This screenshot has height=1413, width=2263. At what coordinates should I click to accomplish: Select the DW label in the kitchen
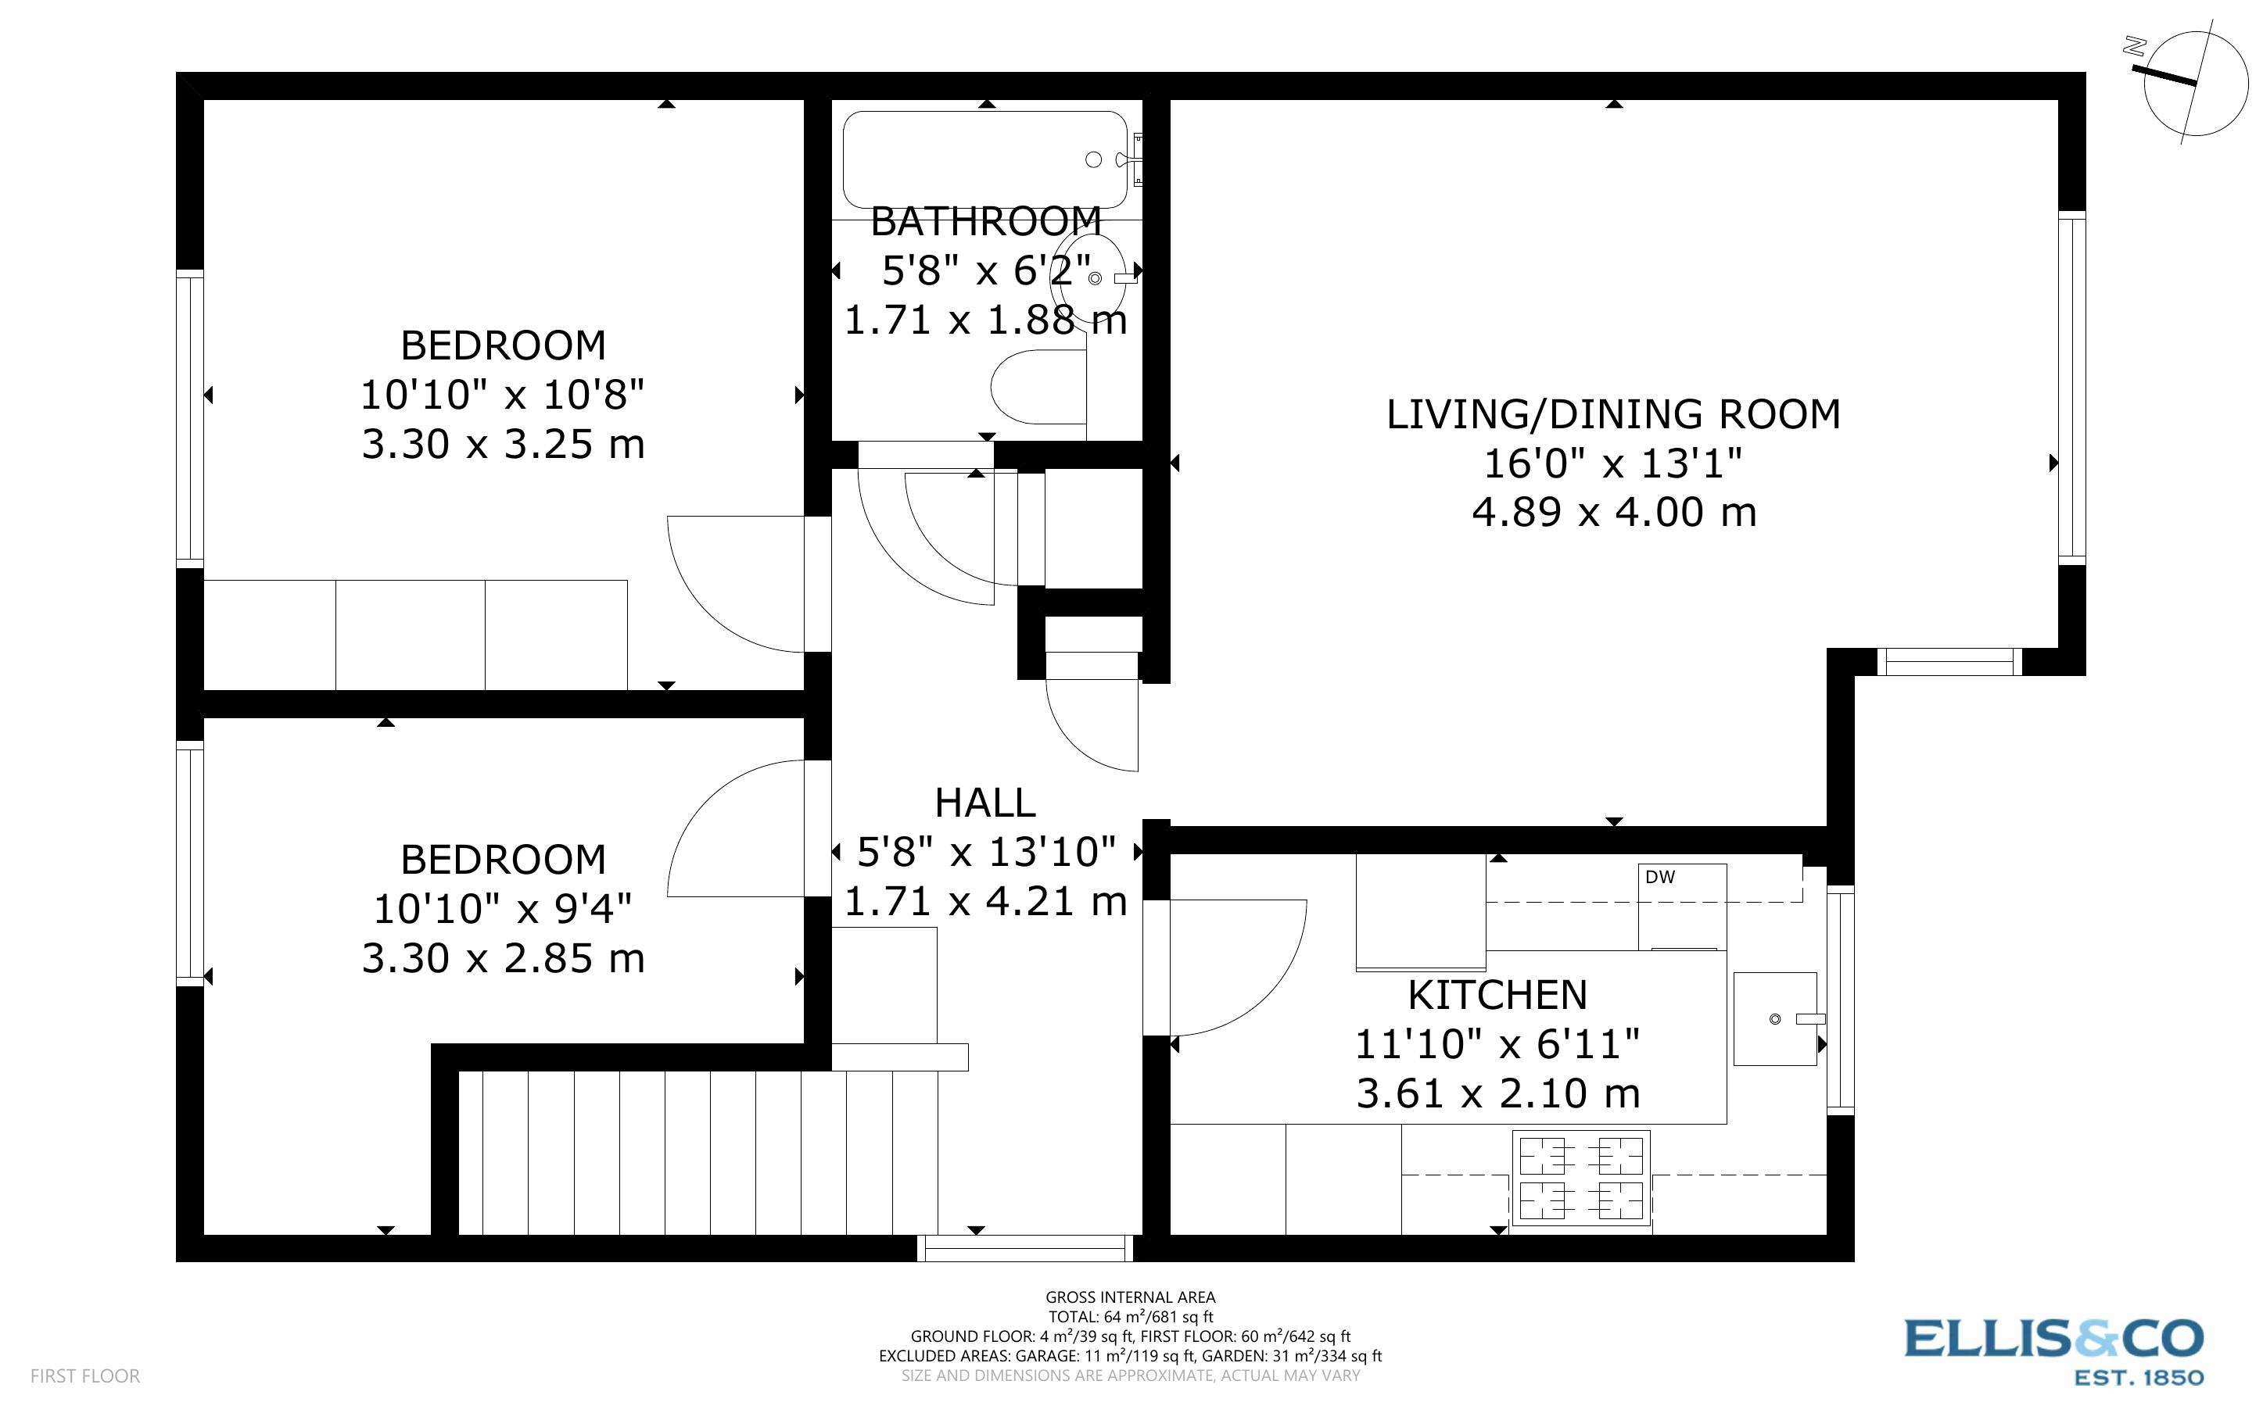(1659, 877)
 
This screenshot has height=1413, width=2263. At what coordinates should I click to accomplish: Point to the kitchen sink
(1774, 1018)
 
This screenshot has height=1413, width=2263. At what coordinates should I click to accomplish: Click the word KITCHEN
(1497, 995)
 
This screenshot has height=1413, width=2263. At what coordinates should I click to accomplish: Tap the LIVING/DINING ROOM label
(1612, 414)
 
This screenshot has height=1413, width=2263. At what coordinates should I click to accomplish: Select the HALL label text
(984, 803)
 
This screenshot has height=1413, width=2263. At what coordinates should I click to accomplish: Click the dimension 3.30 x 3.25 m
(503, 444)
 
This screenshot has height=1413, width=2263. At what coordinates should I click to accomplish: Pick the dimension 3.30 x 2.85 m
(503, 959)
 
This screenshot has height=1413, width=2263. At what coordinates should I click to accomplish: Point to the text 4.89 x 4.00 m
(1613, 512)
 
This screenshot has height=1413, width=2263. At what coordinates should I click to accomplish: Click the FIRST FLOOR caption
(85, 1375)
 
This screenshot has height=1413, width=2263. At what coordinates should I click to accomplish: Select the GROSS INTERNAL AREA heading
(1129, 1297)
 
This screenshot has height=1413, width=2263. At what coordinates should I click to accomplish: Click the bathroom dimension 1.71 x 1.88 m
(985, 320)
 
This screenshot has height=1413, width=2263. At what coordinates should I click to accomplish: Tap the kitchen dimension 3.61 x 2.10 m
(1497, 1093)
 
